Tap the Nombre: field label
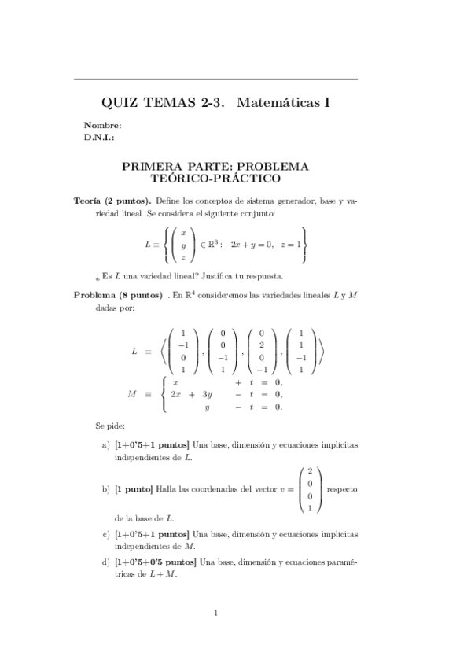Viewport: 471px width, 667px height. point(102,126)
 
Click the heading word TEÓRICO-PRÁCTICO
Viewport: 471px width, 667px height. point(215,179)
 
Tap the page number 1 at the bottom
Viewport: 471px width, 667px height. point(215,613)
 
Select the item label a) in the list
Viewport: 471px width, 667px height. point(106,445)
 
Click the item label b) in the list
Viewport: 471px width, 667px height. point(106,489)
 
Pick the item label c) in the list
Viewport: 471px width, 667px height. point(106,534)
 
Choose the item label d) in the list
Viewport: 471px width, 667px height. point(106,562)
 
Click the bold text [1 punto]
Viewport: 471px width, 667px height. point(134,489)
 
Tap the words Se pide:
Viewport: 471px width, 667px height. point(110,426)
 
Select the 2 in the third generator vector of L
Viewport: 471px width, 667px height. point(261,344)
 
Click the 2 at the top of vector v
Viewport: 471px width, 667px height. point(311,470)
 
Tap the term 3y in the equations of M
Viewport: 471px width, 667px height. point(207,394)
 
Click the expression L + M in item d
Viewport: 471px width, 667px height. point(166,574)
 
